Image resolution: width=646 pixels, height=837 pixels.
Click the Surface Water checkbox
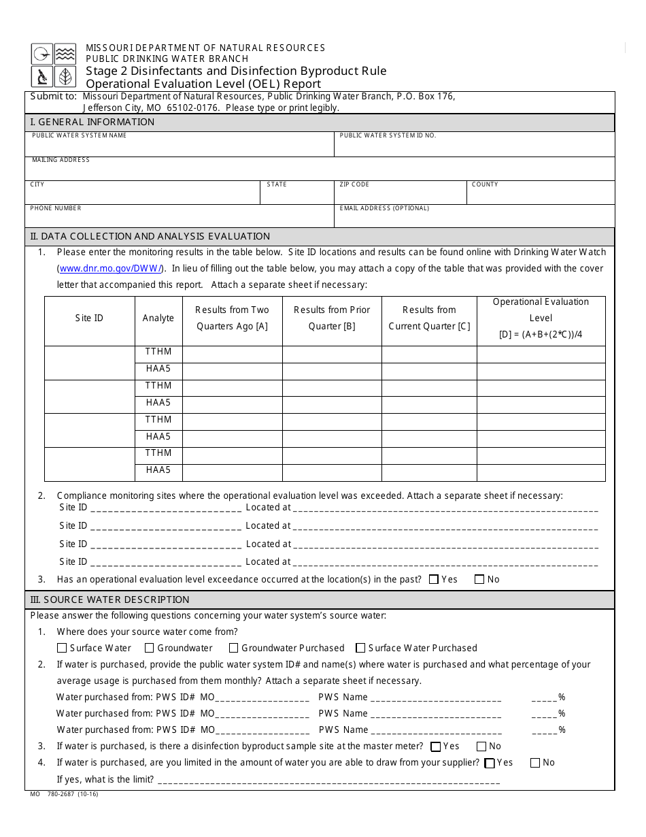point(62,648)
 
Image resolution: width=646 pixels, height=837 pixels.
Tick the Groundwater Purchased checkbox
point(234,648)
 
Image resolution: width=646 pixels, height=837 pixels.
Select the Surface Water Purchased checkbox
point(361,648)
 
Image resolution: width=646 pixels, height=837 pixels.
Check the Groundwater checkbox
point(150,648)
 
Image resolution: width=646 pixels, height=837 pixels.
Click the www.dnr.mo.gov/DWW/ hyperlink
point(112,268)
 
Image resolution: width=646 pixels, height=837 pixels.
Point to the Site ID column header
point(89,318)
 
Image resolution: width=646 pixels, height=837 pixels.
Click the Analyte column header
point(158,318)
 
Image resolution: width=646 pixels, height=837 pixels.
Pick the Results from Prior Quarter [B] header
point(332,318)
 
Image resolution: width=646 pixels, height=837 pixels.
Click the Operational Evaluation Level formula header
point(541,318)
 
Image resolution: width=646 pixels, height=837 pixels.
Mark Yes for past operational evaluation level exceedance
point(434,580)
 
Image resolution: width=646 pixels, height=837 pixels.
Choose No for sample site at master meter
point(481,746)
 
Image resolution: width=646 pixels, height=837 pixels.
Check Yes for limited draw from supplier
point(489,764)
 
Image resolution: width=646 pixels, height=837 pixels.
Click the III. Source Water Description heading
point(109,600)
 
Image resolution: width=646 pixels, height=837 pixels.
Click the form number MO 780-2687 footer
point(64,794)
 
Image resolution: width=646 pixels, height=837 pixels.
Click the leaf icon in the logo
point(65,77)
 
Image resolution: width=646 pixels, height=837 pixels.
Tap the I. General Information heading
point(92,122)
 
